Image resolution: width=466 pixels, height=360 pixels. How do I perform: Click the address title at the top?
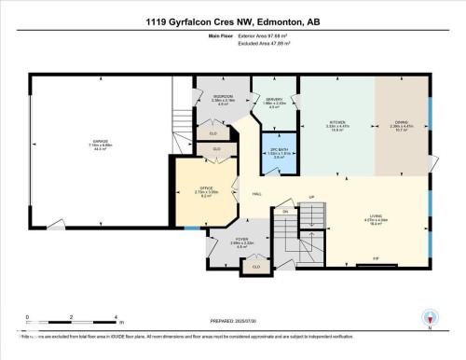point(232,21)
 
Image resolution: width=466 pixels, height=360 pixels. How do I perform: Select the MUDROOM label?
point(224,99)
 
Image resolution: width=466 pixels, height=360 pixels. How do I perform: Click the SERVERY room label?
point(273,103)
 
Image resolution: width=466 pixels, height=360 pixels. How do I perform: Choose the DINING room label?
point(402,125)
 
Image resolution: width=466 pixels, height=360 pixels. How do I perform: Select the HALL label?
point(256,194)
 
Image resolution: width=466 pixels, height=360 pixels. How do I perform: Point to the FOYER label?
point(241,242)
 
